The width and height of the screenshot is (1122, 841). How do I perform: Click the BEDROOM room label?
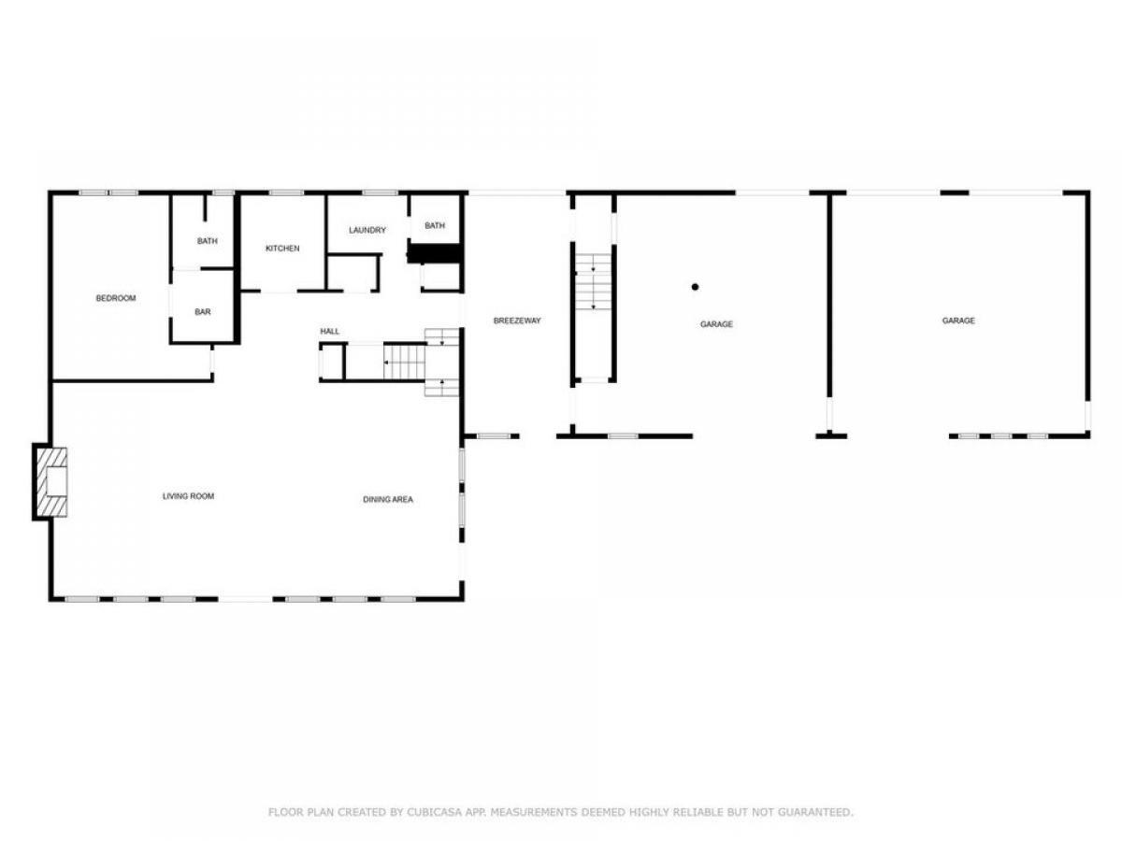tap(116, 298)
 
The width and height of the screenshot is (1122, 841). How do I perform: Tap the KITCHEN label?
tap(282, 249)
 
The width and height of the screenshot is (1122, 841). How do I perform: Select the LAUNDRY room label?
tap(367, 230)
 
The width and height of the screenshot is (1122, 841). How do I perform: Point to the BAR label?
tap(202, 311)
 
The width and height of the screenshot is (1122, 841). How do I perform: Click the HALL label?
tap(330, 332)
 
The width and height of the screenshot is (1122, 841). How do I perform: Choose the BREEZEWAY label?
tap(517, 321)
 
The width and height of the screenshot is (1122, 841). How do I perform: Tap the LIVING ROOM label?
tap(188, 496)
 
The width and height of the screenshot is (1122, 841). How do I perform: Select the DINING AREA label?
tap(388, 499)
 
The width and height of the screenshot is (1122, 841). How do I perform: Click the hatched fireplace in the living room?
tap(51, 481)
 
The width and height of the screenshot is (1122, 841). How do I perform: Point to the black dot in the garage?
tap(695, 287)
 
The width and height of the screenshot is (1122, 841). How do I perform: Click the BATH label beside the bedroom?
tap(207, 241)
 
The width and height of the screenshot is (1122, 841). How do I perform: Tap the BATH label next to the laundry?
tap(435, 225)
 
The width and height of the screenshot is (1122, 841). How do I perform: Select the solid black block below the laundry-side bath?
tap(434, 253)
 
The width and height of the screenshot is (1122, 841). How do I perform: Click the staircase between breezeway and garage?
tap(593, 282)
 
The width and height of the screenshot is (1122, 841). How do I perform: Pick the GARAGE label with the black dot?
tap(716, 324)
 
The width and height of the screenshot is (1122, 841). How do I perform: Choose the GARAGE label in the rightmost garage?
tap(958, 321)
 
